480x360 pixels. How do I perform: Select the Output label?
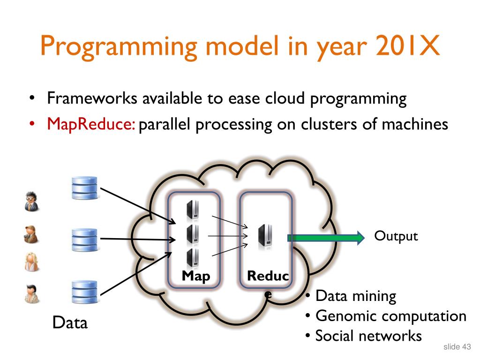pyautogui.click(x=396, y=236)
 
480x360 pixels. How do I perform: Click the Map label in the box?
pyautogui.click(x=196, y=277)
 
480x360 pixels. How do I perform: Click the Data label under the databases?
pyautogui.click(x=70, y=323)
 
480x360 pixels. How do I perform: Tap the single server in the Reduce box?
pyautogui.click(x=264, y=236)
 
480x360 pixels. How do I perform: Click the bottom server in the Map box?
pyautogui.click(x=192, y=258)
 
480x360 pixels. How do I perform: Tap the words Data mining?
pyautogui.click(x=355, y=296)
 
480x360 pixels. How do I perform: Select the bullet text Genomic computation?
pyautogui.click(x=390, y=316)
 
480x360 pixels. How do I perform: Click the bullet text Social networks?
pyautogui.click(x=368, y=336)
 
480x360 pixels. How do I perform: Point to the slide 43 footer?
pyautogui.click(x=457, y=347)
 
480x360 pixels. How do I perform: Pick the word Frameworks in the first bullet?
pyautogui.click(x=93, y=99)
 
